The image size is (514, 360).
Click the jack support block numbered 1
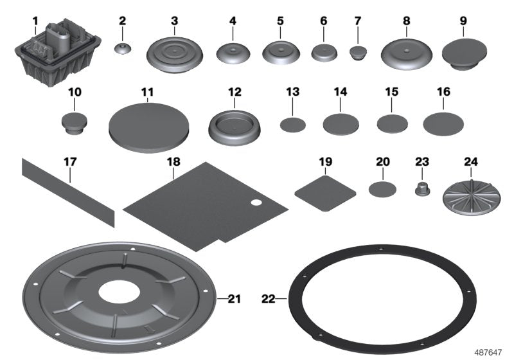pos(58,53)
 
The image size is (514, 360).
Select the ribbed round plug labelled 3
pos(174,55)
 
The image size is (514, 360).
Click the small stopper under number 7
pos(358,53)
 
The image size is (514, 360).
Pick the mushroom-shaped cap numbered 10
pos(75,123)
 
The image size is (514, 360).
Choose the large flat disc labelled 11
pos(149,127)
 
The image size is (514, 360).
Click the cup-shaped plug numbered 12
pos(235,126)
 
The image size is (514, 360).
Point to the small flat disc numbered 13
pos(293,125)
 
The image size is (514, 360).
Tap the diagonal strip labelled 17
pos(69,192)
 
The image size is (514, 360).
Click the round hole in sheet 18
pos(256,203)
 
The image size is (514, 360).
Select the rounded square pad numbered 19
pos(325,194)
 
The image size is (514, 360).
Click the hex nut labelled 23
pos(423,189)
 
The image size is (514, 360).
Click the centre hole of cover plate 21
pos(120,291)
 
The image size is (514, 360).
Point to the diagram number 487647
pos(488,352)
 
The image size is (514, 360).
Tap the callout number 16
pos(443,92)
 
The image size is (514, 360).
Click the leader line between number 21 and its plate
pos(222,298)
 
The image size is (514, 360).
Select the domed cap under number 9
pos(464,54)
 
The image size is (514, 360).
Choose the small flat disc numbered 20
pos(382,189)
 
